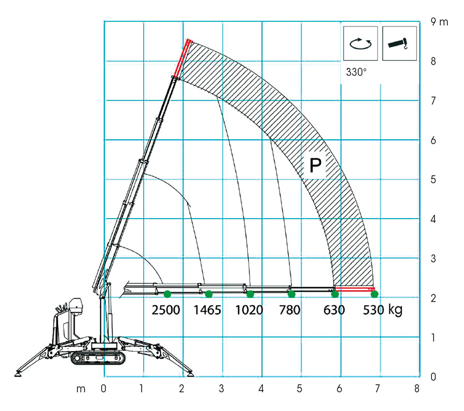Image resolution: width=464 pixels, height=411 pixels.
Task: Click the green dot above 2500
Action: coord(167,294)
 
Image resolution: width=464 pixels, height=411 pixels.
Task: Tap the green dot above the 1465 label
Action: coord(209,294)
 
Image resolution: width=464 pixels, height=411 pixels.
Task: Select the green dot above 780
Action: coord(291,294)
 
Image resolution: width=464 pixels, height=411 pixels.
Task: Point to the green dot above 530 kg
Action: coord(374,294)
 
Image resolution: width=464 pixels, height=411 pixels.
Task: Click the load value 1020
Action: coord(249,310)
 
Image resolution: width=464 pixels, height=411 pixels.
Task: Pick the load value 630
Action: coord(334,310)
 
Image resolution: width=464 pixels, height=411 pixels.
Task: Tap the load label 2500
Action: coord(165,310)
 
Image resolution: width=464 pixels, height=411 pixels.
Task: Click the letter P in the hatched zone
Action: coord(315,165)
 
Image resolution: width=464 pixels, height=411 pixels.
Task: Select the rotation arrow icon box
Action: coord(360,43)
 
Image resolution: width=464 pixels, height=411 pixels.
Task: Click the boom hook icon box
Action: coord(400,43)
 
